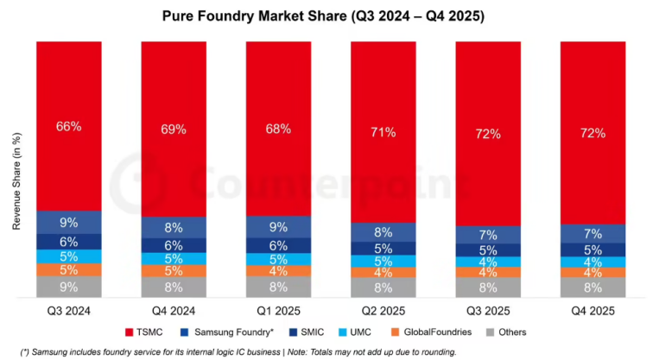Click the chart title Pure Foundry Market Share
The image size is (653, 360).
coord(326,16)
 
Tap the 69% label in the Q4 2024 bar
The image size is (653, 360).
coord(174,129)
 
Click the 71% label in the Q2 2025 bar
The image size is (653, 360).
coord(383,132)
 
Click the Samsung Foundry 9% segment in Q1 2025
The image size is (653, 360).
coord(278,227)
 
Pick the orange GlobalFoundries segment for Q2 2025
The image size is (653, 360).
coord(383,274)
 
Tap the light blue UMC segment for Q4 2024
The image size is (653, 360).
coord(174,259)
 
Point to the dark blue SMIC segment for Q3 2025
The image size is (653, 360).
coord(488,250)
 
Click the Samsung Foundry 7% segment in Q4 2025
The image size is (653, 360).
coord(593,234)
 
